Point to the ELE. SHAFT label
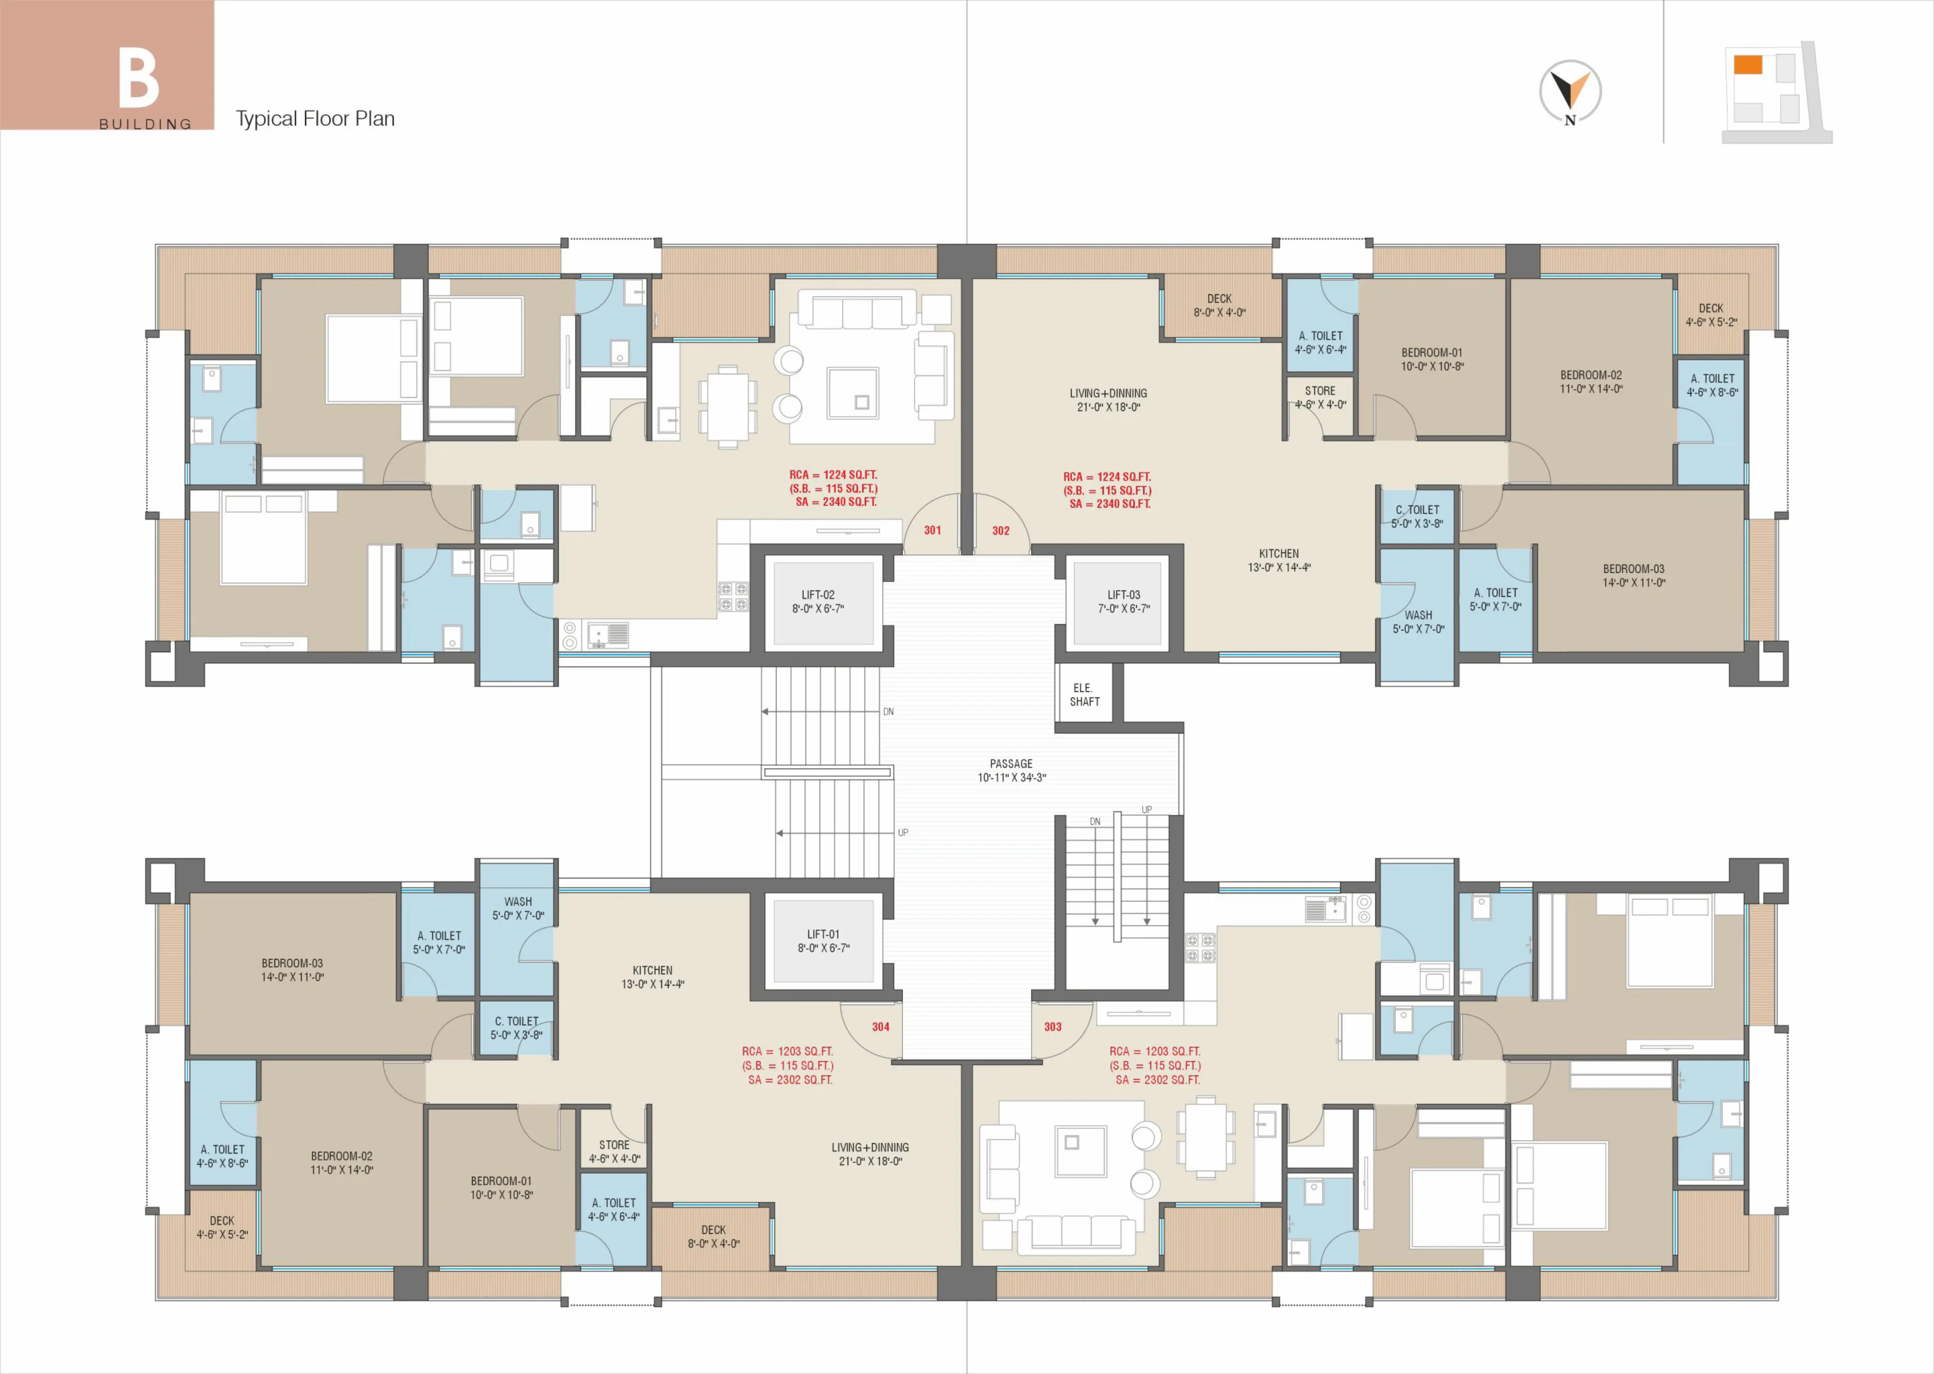click(x=1084, y=695)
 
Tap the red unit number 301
click(x=932, y=530)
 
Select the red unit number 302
click(x=1001, y=530)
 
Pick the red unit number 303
click(x=1052, y=1026)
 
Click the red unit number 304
click(x=881, y=1026)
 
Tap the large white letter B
click(x=139, y=78)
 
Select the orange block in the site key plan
click(x=1748, y=64)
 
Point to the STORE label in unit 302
click(x=1320, y=391)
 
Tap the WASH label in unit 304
click(x=519, y=902)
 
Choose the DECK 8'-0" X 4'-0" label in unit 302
click(x=1219, y=305)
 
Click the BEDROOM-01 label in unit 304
click(x=502, y=1181)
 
